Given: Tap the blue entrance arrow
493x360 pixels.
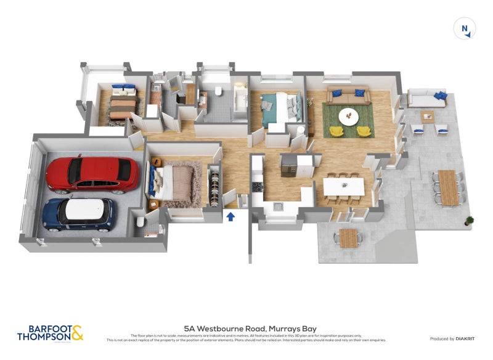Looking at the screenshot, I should [x=231, y=217].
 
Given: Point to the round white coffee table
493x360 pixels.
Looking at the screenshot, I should [x=349, y=115].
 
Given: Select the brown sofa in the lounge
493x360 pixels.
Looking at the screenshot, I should [x=348, y=96].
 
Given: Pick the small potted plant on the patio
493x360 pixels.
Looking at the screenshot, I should [x=470, y=220].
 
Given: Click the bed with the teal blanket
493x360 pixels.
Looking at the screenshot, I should [x=279, y=108].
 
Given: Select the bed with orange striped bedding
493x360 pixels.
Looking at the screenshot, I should [x=121, y=102].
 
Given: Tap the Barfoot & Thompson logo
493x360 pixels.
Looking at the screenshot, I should [x=50, y=333].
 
